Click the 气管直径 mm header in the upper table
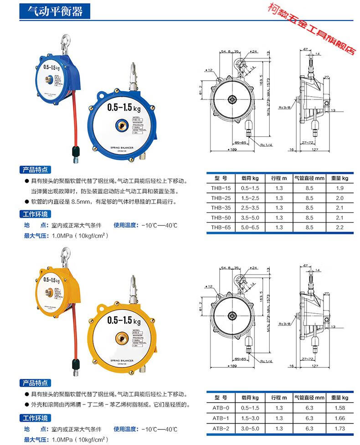click(309, 178)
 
